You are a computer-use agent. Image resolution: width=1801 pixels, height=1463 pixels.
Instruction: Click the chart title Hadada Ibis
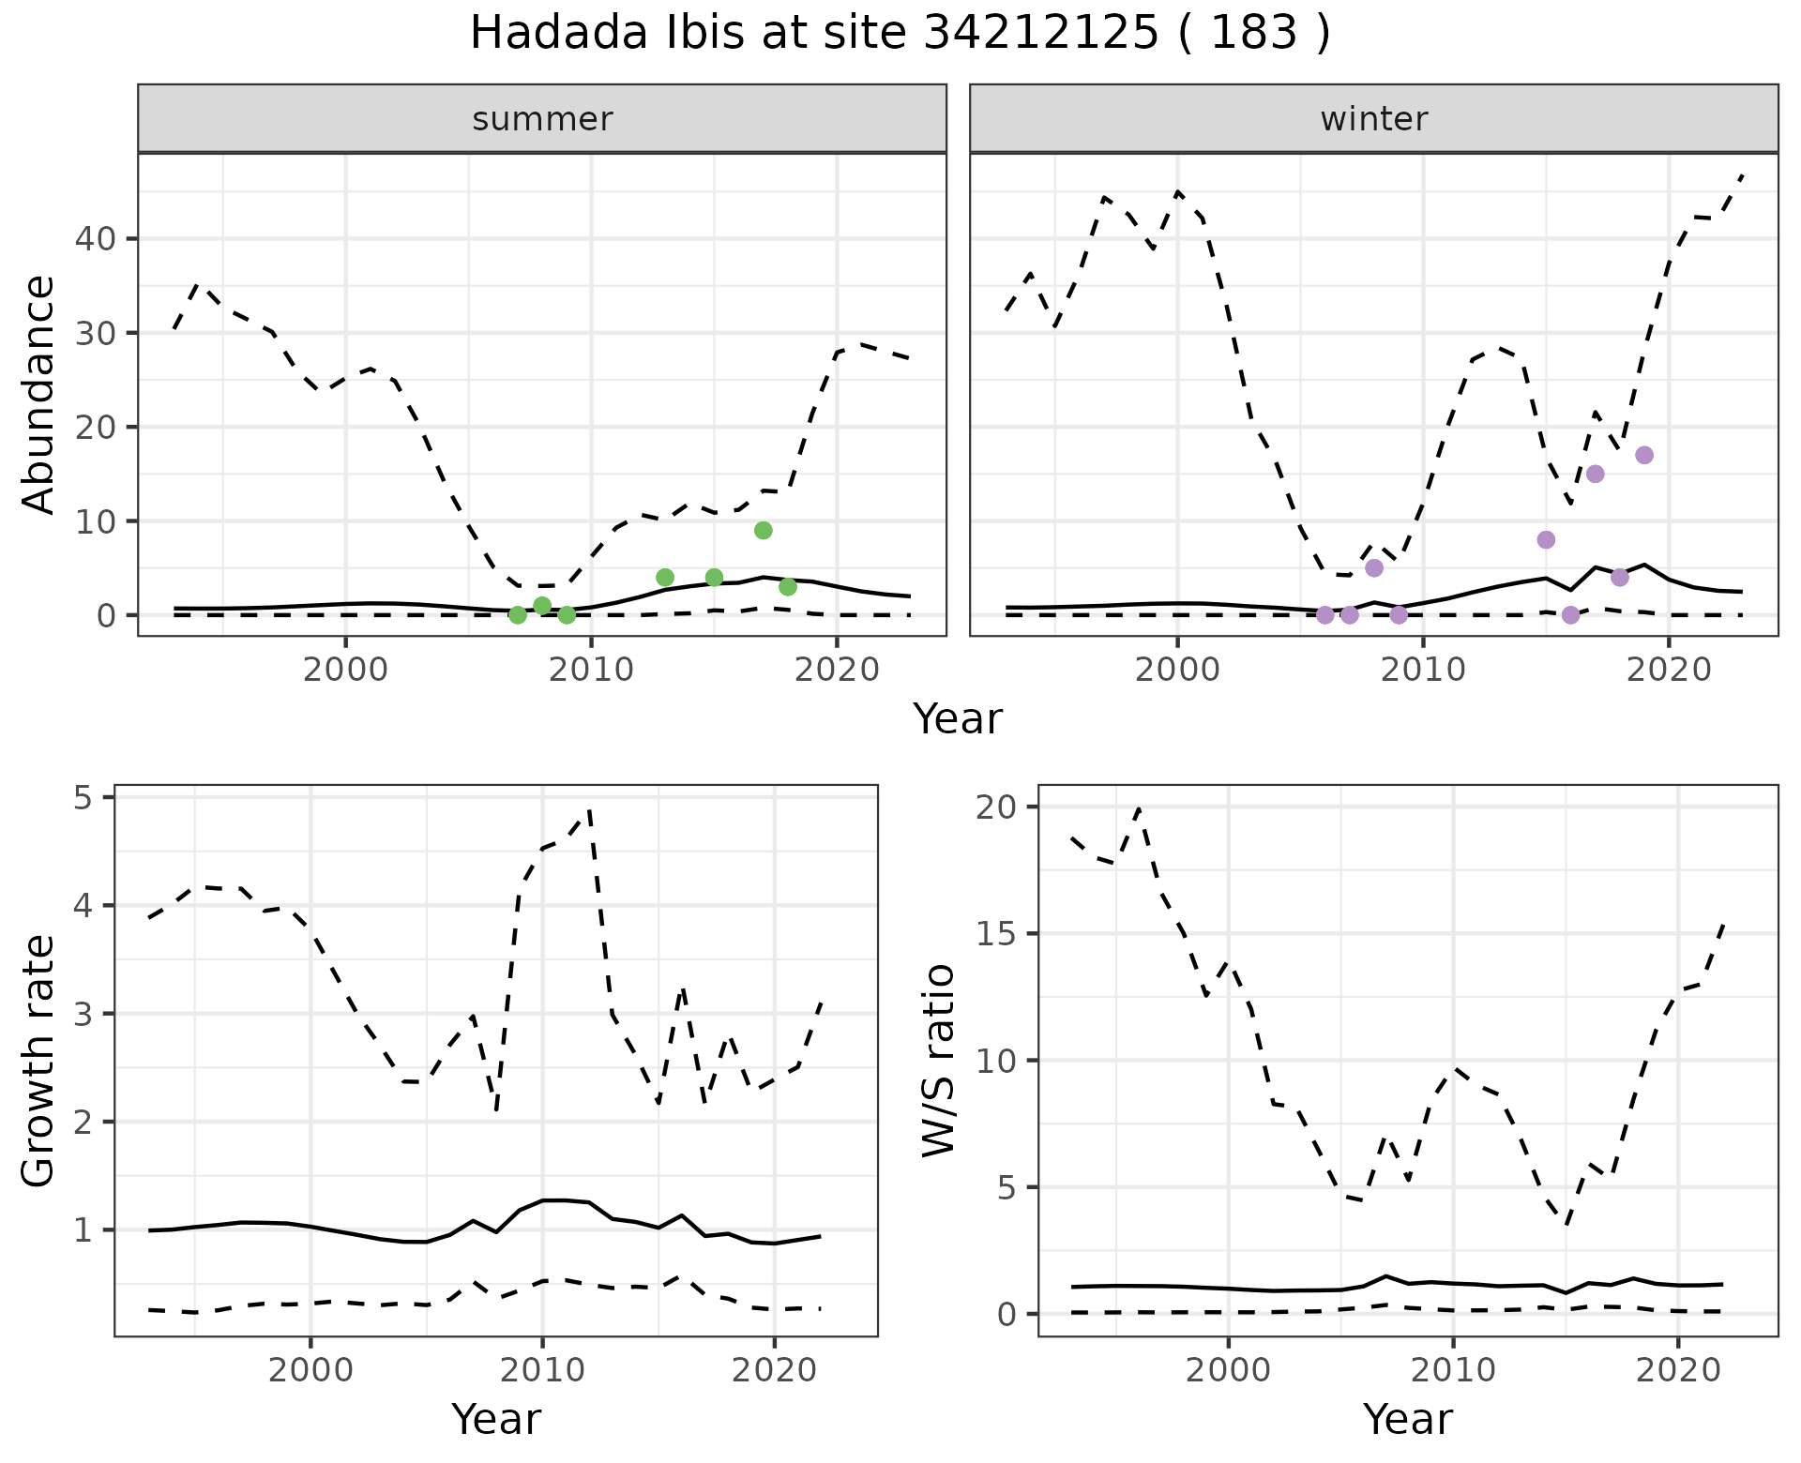coord(899,34)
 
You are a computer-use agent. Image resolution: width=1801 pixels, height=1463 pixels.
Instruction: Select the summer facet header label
coord(542,119)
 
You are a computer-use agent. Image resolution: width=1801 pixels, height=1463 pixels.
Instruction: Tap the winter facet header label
coord(1373,119)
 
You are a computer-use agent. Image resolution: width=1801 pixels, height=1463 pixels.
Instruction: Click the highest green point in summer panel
coord(764,531)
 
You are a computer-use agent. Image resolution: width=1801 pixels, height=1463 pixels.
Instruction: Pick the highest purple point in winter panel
coord(1644,456)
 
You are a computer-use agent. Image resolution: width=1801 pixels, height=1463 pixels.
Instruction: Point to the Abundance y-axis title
coord(39,394)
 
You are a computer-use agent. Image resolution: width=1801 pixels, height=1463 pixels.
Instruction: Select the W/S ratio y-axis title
coord(938,1060)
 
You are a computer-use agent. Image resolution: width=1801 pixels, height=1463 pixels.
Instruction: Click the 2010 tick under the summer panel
coord(591,670)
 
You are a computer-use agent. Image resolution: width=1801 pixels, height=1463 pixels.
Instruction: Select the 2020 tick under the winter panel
coord(1668,670)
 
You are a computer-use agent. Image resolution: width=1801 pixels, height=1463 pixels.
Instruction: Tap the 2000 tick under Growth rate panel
coord(310,1370)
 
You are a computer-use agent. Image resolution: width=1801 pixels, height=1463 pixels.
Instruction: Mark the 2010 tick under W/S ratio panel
coord(1453,1370)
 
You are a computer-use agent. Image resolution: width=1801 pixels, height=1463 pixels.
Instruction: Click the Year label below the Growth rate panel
coord(496,1419)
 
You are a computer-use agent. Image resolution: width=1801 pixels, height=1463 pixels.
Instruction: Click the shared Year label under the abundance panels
coord(958,719)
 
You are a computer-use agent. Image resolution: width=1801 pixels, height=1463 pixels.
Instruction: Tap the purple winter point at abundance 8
coord(1547,540)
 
